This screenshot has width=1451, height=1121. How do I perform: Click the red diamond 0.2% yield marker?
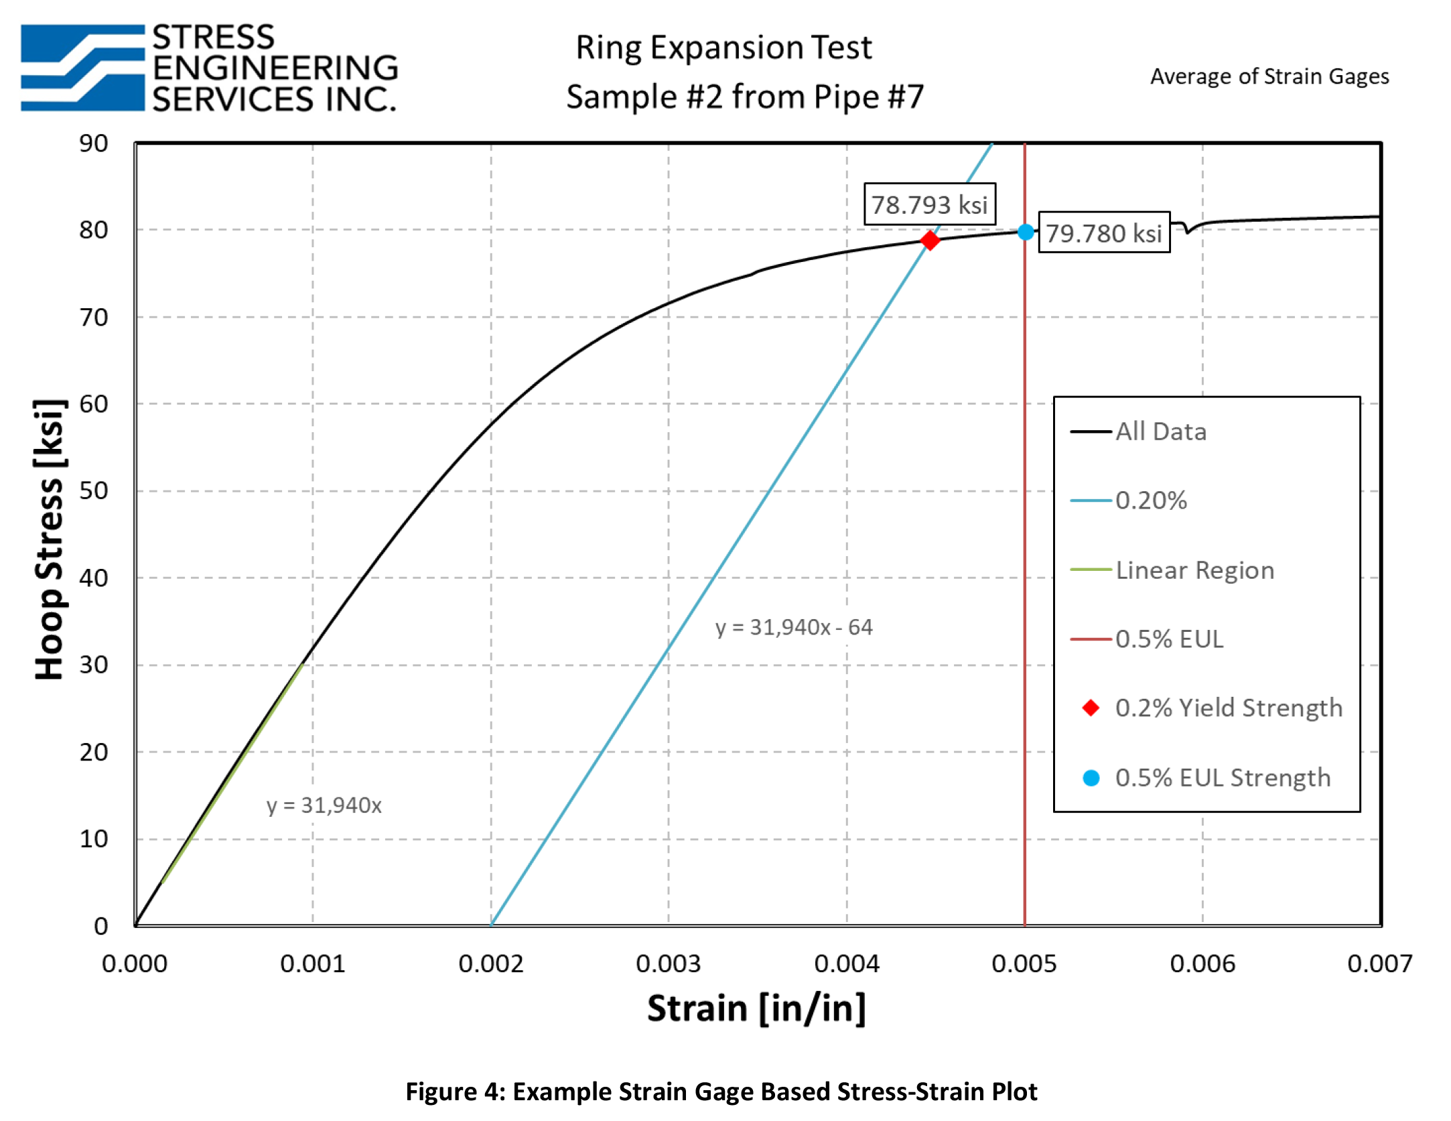click(929, 240)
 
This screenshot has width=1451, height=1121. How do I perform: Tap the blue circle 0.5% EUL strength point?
click(1025, 232)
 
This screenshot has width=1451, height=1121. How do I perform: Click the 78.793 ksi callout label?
click(929, 204)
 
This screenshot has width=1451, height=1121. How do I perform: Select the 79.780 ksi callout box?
click(1103, 233)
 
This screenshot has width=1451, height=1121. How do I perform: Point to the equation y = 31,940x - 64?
click(793, 627)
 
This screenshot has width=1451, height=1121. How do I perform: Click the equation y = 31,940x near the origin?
click(324, 805)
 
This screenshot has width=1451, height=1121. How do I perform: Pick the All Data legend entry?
click(1160, 432)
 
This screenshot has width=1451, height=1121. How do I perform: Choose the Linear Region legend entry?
click(1194, 570)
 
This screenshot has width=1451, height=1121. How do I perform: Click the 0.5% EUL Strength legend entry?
click(1222, 778)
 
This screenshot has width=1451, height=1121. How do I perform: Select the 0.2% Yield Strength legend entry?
click(1228, 708)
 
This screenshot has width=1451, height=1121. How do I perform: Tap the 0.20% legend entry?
click(1150, 501)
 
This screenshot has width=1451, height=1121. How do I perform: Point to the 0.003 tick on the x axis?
click(668, 964)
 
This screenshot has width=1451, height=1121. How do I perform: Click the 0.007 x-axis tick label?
click(1379, 964)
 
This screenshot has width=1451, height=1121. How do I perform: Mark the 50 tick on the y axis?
click(94, 490)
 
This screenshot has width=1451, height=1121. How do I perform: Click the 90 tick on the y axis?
click(94, 143)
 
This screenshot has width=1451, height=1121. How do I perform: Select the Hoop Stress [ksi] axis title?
click(50, 539)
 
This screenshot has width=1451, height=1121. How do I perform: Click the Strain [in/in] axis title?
click(756, 1008)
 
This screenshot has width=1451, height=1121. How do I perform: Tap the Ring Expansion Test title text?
click(723, 48)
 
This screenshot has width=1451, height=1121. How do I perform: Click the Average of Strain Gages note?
click(1269, 76)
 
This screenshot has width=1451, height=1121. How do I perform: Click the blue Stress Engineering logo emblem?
click(82, 68)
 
